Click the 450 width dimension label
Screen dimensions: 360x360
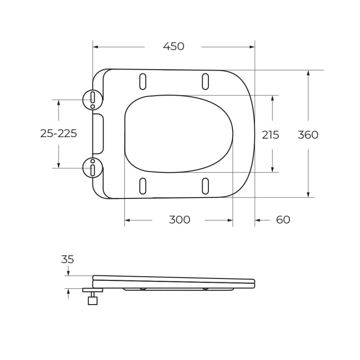point(173,46)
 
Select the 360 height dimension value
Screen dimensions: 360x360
point(308,134)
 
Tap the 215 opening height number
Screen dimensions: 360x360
point(270,134)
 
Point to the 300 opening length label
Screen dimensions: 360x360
point(180,220)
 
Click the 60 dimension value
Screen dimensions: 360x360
point(283,220)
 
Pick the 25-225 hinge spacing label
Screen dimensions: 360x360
point(58,133)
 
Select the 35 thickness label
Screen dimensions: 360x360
point(67,259)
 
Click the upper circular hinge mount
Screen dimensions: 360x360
point(92,99)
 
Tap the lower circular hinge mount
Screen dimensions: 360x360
point(92,167)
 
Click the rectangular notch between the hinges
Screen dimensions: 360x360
point(99,134)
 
